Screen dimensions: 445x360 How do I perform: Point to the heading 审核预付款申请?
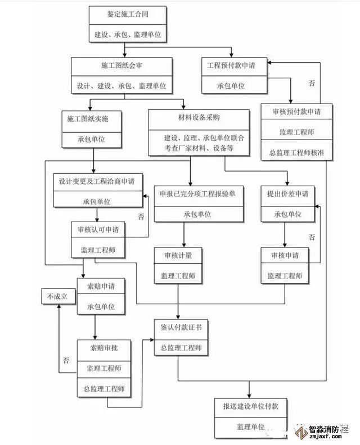point(296,111)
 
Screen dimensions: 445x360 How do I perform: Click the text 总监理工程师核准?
point(296,152)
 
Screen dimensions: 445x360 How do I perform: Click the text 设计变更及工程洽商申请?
point(97,182)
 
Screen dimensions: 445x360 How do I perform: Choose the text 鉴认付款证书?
point(181,327)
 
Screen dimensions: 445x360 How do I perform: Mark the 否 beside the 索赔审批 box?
point(66,360)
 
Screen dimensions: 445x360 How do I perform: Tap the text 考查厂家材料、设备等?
point(199,149)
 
